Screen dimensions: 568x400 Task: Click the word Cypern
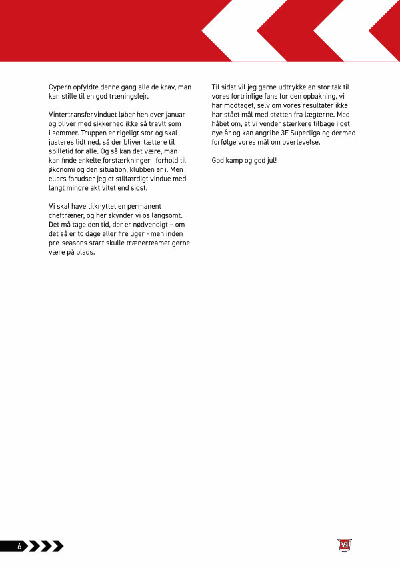pos(61,87)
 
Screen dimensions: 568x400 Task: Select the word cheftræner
pos(68,215)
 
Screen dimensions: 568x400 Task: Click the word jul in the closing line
pos(269,161)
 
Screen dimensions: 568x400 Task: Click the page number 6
pos(19,547)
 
